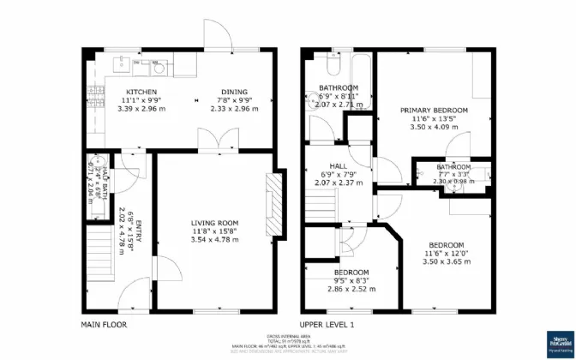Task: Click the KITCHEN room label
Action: [141, 92]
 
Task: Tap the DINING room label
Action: [235, 92]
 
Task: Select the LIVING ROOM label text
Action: [213, 223]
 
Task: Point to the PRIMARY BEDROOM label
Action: [435, 111]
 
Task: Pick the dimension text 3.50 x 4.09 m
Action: [435, 127]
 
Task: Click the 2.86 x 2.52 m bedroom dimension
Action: [351, 289]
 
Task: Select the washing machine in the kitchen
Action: [157, 62]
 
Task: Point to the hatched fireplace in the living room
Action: [274, 203]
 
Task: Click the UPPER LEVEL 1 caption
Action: [327, 326]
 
